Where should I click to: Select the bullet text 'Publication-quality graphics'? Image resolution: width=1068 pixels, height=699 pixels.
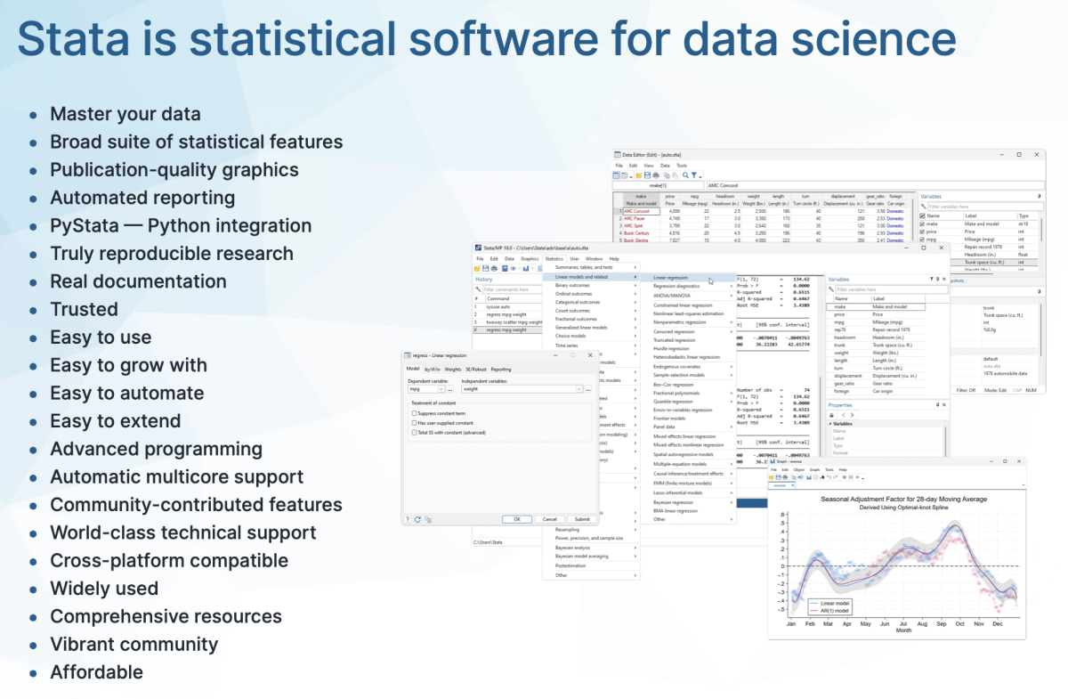(x=174, y=169)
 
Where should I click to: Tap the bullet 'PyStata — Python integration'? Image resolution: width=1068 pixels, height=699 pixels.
(x=180, y=225)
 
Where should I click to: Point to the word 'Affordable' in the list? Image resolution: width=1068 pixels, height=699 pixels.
(x=96, y=672)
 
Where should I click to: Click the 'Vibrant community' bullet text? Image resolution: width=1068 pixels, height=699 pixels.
(x=133, y=644)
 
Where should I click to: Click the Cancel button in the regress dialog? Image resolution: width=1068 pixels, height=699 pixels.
(x=549, y=519)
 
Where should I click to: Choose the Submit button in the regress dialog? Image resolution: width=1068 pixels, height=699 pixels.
(x=581, y=519)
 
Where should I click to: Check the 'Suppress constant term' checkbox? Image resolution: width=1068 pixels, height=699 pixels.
(x=414, y=413)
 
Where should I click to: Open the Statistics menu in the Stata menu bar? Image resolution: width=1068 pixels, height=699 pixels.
(x=554, y=258)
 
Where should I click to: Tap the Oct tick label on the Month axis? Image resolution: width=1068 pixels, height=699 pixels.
(x=959, y=623)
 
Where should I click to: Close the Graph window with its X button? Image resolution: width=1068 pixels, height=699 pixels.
(x=1019, y=462)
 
